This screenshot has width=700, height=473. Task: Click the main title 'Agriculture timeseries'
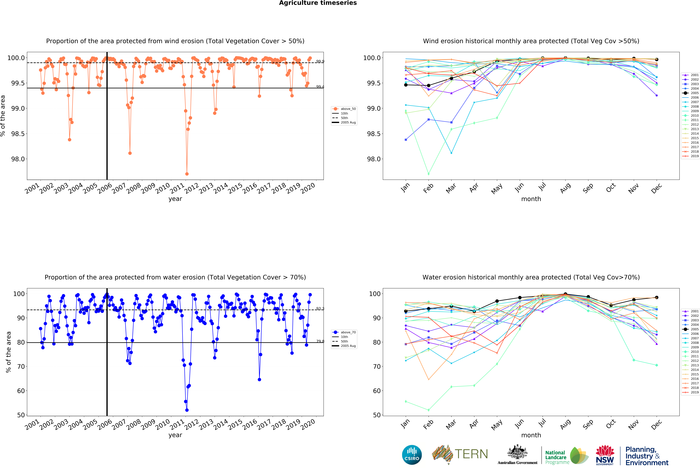click(x=318, y=3)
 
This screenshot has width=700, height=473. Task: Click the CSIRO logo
click(x=412, y=455)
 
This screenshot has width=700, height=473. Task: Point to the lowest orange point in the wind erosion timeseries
click(x=187, y=174)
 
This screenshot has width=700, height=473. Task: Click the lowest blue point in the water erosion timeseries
click(x=187, y=410)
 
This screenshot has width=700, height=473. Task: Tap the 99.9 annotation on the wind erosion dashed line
click(x=320, y=61)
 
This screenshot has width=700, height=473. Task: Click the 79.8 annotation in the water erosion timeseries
click(x=320, y=341)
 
